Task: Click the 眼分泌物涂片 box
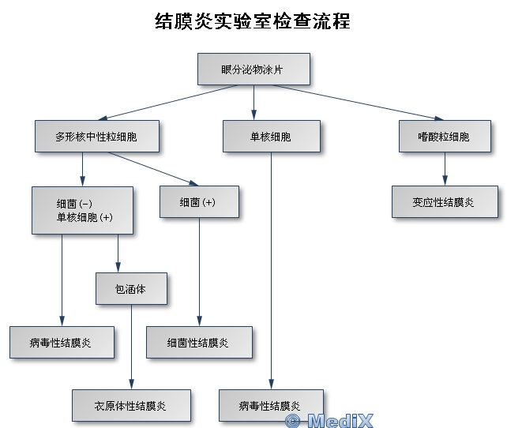click(253, 69)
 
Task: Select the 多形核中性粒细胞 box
click(96, 136)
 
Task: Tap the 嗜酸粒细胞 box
click(444, 136)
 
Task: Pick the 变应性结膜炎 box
click(444, 202)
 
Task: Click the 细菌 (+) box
click(198, 202)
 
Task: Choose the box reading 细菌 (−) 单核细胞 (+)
click(82, 210)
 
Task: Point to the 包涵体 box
click(131, 289)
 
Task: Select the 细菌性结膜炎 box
click(199, 343)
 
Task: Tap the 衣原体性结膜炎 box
click(131, 406)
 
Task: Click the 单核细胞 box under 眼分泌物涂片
click(271, 136)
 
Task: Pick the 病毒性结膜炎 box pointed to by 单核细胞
click(271, 406)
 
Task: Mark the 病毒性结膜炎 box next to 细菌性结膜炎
click(62, 343)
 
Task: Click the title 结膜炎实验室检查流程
click(253, 21)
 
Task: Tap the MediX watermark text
click(329, 420)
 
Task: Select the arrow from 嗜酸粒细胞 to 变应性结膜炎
click(445, 169)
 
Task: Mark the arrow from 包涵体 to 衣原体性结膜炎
click(132, 347)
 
